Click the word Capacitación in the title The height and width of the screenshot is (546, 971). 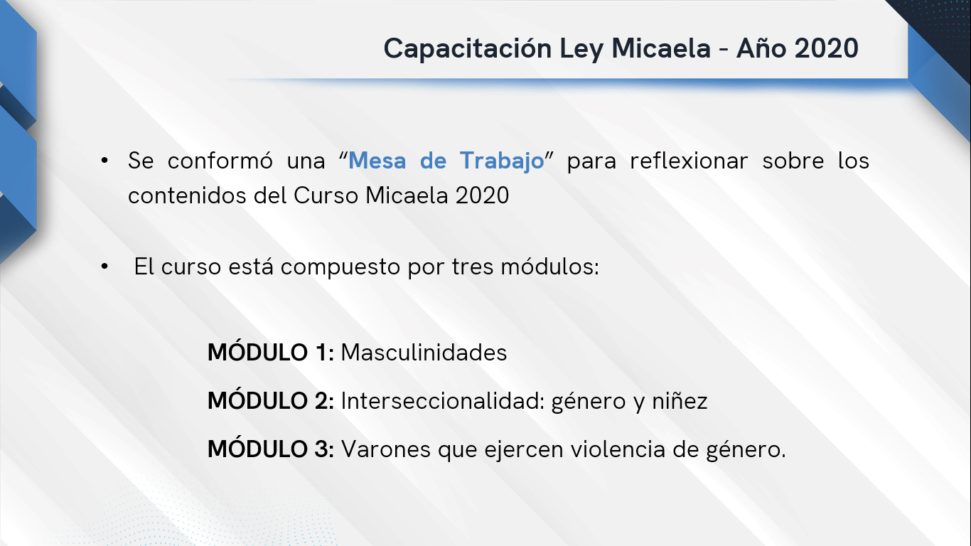point(467,48)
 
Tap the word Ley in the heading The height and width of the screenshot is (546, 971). point(581,50)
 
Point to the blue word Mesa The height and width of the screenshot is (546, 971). point(377,161)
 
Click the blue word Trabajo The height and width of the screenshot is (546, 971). point(502,161)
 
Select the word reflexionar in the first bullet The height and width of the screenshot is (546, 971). point(689,161)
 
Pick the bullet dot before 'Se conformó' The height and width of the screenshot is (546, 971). point(104,161)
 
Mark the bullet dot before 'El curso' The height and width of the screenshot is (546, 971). point(104,267)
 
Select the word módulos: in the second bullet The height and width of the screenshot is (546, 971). point(550,267)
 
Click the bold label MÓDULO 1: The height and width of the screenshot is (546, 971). point(271,352)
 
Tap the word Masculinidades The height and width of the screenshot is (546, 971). point(424,352)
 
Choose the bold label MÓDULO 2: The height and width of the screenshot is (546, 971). point(271,400)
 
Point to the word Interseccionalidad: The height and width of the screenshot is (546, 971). point(443,400)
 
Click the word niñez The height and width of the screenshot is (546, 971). point(680,400)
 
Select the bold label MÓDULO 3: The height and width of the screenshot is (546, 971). point(271,449)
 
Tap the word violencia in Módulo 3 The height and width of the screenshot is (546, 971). point(618,449)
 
